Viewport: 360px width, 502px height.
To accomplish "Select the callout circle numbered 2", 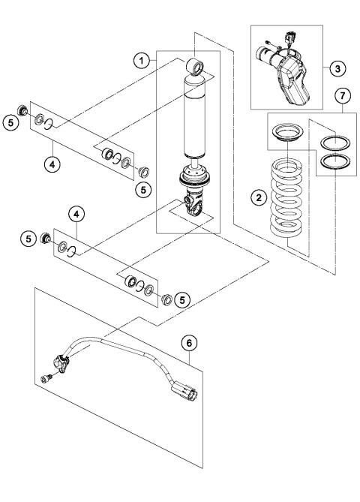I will pyautogui.click(x=256, y=197).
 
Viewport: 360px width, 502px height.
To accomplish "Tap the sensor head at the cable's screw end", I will pyautogui.click(x=61, y=365).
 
